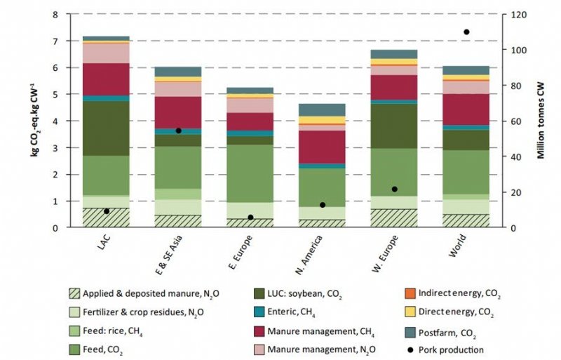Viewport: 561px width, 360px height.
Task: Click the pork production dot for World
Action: click(466, 32)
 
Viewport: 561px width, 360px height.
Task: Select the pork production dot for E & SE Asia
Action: click(179, 131)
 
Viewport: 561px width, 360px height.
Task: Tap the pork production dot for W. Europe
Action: click(394, 189)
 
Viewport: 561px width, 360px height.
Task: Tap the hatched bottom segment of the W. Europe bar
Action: click(394, 218)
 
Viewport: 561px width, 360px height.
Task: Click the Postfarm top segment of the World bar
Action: click(466, 70)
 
